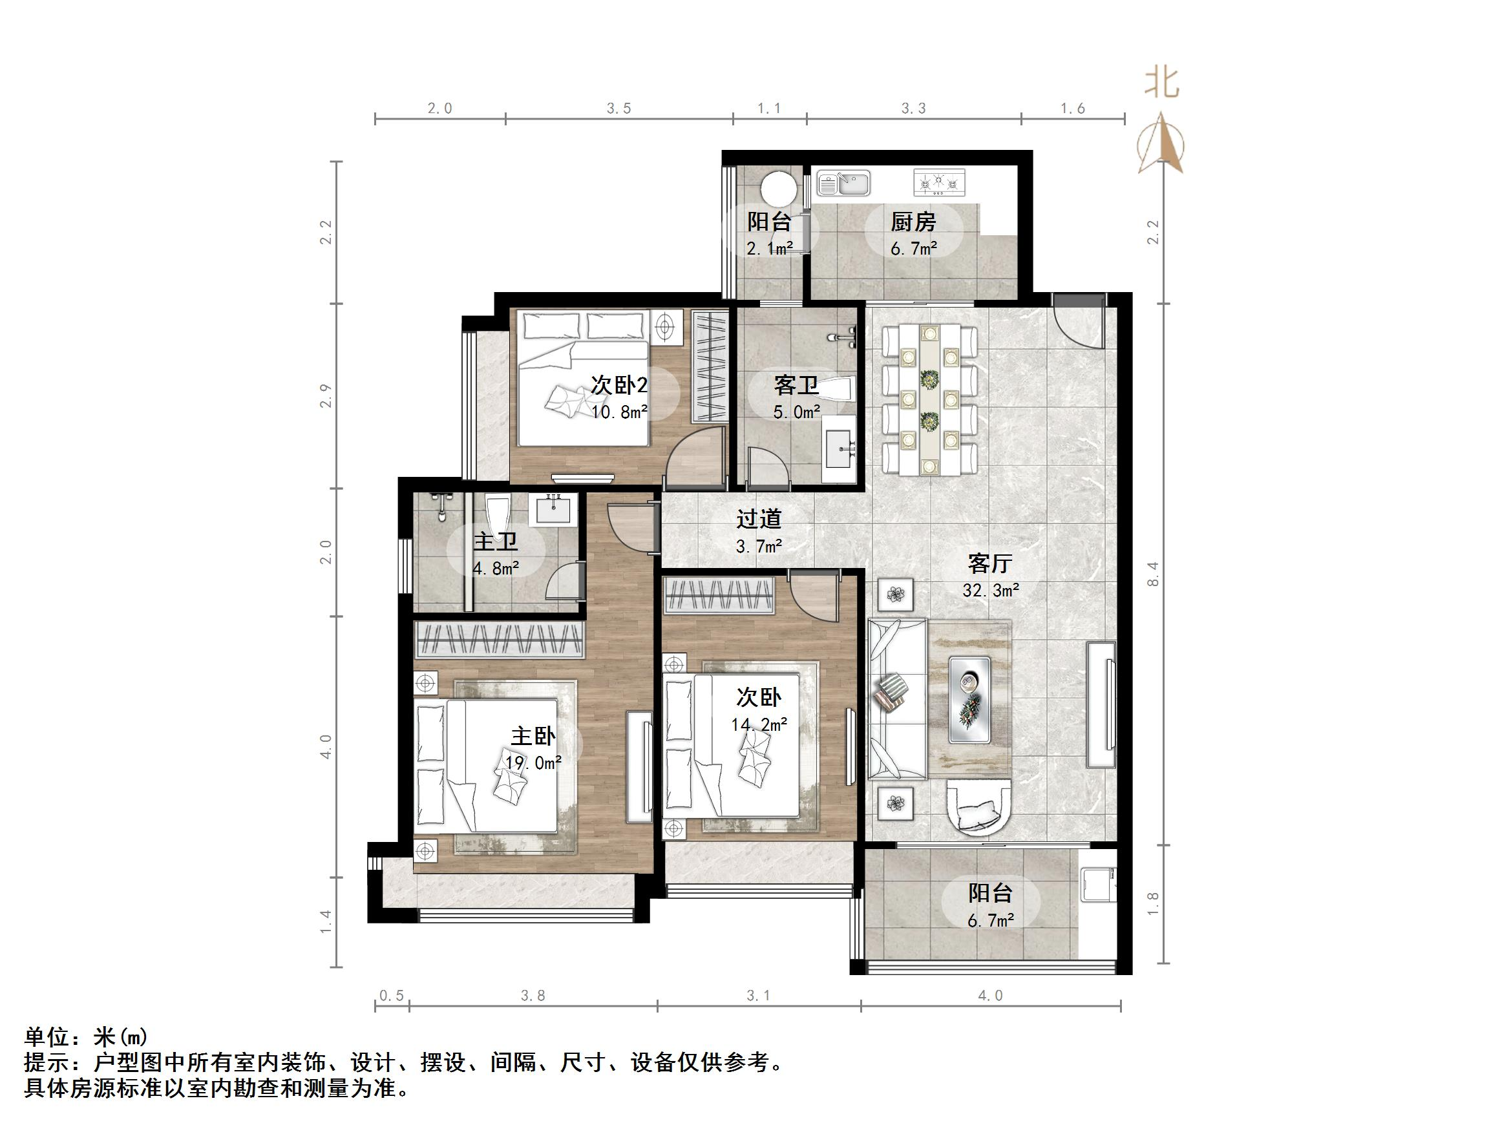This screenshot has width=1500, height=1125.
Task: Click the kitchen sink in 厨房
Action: tap(843, 183)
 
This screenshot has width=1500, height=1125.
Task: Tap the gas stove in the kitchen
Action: tap(939, 182)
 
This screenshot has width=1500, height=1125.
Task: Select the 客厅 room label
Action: tap(990, 563)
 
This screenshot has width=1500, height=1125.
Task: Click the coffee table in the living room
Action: tap(969, 699)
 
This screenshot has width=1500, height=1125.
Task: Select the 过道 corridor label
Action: tap(759, 519)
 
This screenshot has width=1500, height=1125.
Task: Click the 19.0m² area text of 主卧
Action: tap(533, 763)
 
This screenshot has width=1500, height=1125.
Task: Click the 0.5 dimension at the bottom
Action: tap(391, 996)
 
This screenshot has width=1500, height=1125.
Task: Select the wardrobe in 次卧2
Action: tap(710, 366)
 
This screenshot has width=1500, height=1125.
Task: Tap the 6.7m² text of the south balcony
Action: tap(991, 920)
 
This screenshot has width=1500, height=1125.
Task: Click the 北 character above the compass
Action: tap(1162, 83)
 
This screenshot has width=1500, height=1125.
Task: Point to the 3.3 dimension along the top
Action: tap(913, 109)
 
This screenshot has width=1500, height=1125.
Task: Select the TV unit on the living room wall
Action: tap(1101, 704)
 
